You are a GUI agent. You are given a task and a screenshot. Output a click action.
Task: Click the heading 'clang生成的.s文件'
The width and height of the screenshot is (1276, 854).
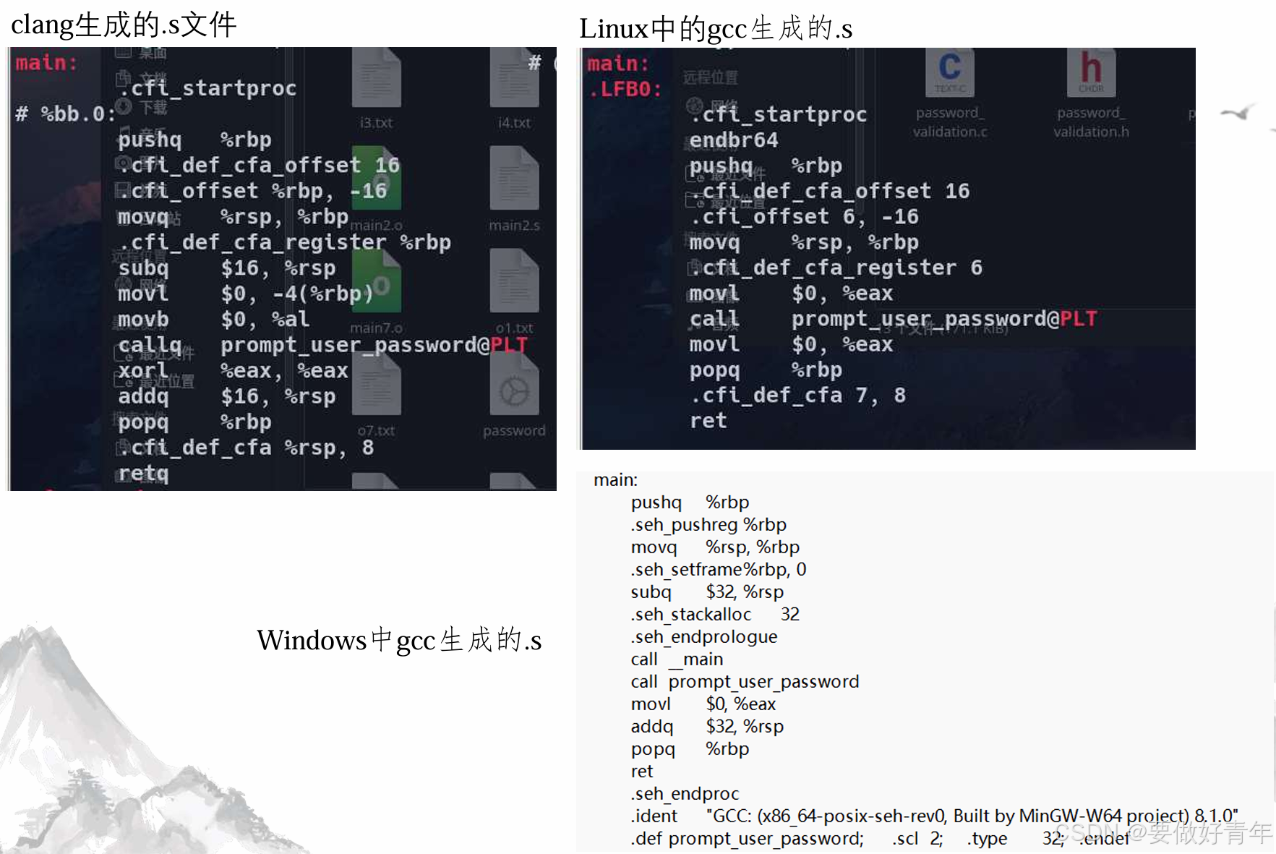(124, 25)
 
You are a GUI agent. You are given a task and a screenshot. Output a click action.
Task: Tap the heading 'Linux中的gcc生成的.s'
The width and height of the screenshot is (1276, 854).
(715, 29)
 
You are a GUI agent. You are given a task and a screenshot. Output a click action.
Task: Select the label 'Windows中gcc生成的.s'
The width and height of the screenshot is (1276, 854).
(399, 641)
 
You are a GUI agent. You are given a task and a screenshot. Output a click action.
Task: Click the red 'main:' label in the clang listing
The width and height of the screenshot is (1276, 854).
(46, 63)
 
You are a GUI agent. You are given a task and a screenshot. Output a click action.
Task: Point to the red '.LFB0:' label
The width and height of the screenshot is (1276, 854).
(625, 90)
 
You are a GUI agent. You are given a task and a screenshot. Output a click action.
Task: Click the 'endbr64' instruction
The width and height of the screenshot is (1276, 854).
(733, 140)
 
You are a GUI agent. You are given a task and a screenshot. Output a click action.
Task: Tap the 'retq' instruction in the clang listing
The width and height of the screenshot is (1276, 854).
(143, 474)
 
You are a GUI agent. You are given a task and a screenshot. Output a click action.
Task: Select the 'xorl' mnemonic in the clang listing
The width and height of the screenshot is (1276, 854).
(143, 371)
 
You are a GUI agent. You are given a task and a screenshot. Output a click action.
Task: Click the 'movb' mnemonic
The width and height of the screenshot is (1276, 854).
(143, 320)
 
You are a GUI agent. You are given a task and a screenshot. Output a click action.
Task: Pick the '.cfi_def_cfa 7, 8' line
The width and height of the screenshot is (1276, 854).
(797, 396)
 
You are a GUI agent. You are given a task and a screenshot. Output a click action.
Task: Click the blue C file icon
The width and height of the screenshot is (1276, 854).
(949, 70)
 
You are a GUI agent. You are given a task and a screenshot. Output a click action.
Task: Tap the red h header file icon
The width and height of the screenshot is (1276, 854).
(1090, 70)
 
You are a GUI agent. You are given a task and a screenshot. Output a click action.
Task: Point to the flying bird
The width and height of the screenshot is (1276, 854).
(1238, 113)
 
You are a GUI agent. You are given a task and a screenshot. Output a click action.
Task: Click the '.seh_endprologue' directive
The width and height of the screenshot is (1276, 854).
(703, 637)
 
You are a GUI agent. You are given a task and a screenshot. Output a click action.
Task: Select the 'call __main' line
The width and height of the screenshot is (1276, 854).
(676, 659)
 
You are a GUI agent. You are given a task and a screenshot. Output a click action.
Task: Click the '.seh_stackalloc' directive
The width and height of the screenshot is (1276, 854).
(690, 615)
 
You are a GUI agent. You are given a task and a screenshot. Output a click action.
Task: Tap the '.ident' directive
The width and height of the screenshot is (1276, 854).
(654, 816)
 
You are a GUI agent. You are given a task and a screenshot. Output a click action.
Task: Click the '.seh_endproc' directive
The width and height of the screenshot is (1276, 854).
(684, 794)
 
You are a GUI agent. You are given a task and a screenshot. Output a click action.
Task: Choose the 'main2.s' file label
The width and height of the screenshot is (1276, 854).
(513, 226)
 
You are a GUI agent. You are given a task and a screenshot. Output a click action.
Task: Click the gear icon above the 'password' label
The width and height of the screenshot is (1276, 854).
(513, 392)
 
